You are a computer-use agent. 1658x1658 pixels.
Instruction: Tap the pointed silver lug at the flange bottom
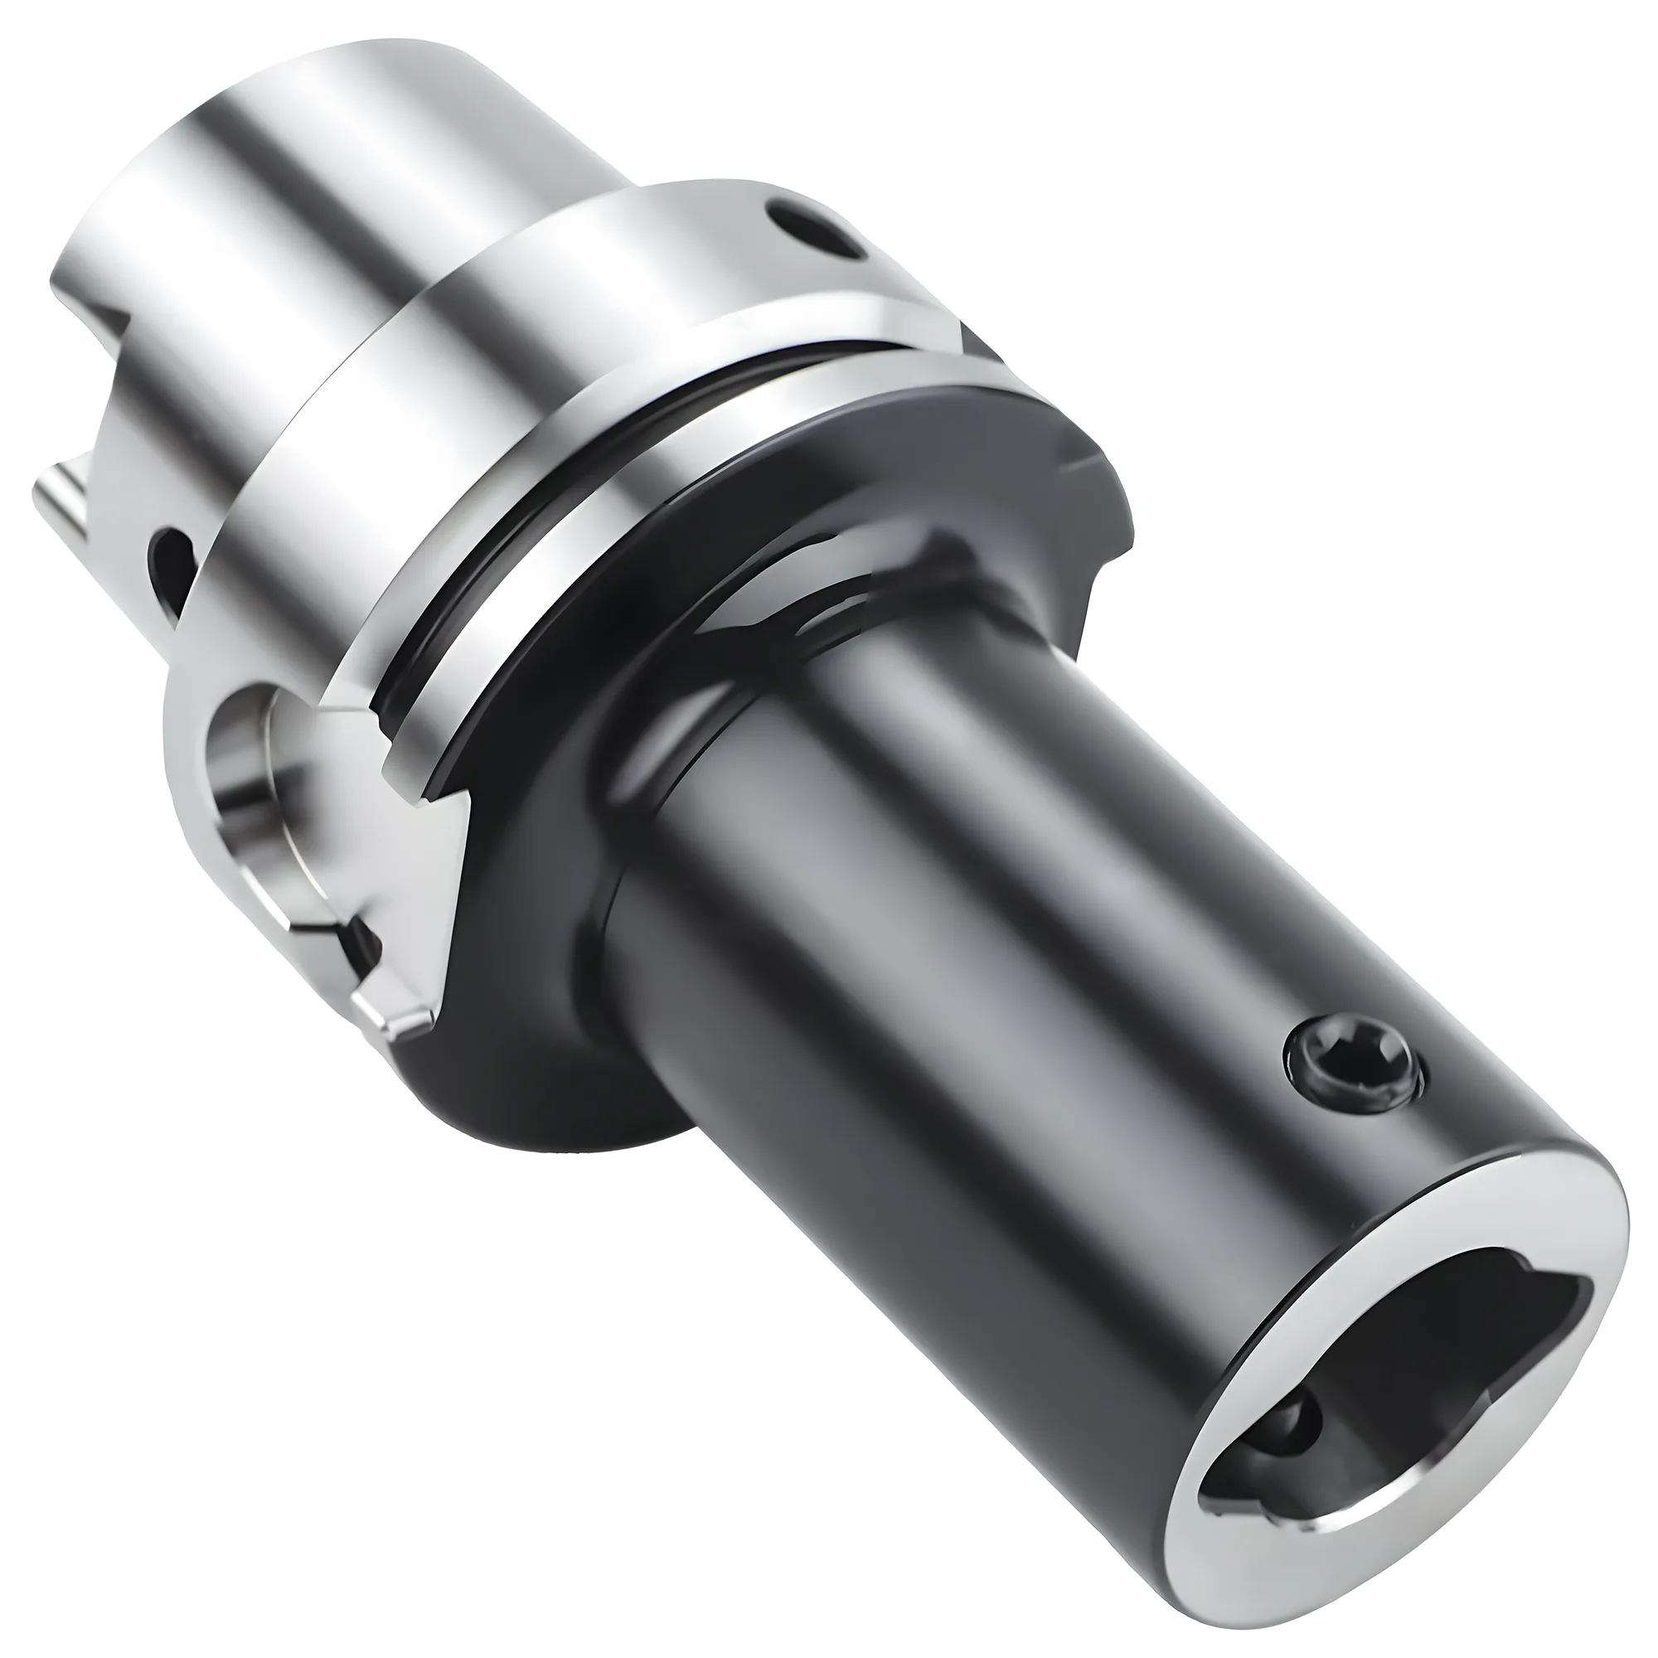point(404,1021)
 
